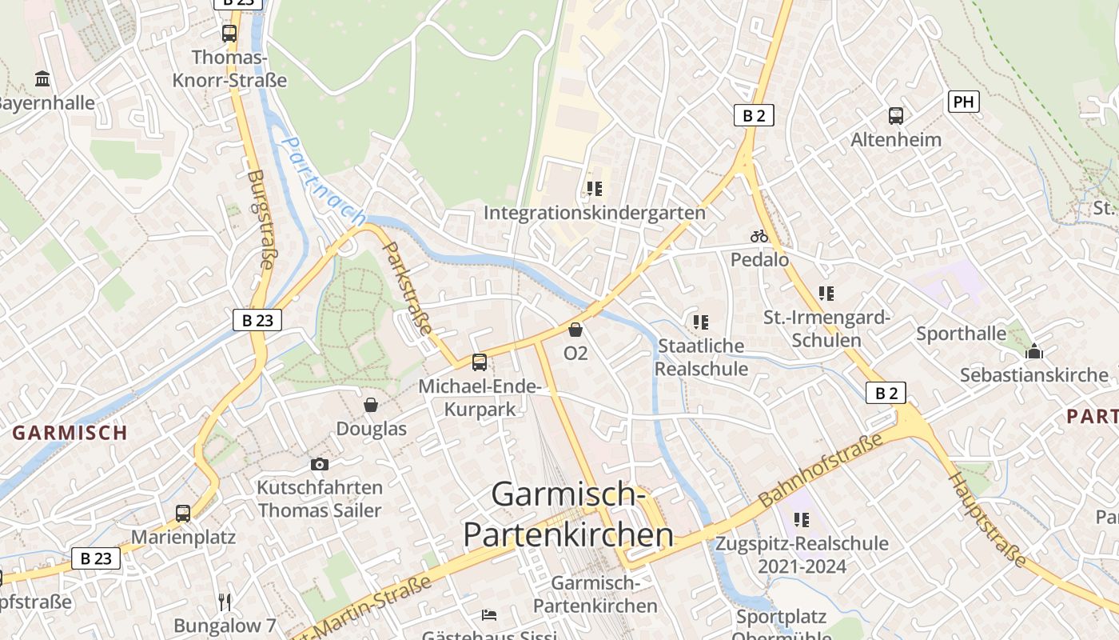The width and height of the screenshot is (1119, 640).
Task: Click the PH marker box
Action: [x=963, y=102]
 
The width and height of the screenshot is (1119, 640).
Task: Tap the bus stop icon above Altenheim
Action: [x=895, y=115]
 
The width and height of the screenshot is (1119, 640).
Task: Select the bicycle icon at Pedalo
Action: [x=759, y=236]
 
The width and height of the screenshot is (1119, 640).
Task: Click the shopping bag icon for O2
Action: [x=575, y=329]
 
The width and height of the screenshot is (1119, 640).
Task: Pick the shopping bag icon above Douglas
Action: [x=371, y=405]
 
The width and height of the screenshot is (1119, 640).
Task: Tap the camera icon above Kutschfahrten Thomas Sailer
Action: [x=319, y=464]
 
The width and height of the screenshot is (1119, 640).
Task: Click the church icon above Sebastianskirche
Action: [x=1034, y=351]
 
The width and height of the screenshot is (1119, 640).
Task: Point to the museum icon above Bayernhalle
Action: [x=42, y=78]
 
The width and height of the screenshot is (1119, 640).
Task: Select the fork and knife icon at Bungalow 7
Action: [x=225, y=602]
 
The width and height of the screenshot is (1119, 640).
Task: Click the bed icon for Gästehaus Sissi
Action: [x=489, y=614]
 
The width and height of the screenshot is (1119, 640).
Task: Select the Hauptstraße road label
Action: [x=987, y=520]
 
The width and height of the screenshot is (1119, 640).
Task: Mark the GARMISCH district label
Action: [x=70, y=433]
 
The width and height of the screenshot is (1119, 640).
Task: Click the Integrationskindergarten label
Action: [x=595, y=213]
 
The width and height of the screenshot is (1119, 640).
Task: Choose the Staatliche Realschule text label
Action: [x=701, y=357]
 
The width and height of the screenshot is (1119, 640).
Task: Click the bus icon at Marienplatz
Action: [x=183, y=513]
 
